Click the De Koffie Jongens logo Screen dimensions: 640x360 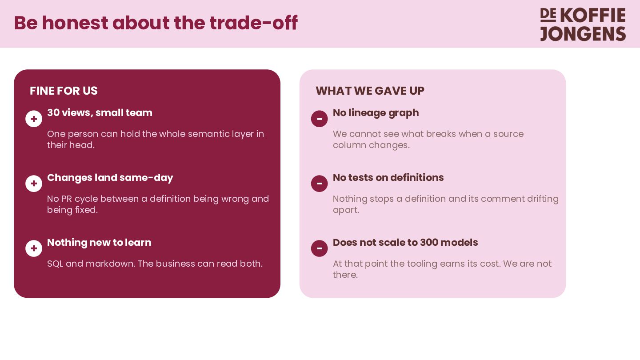coord(583,24)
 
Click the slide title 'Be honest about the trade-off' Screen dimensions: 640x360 coord(156,23)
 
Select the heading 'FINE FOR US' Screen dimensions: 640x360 coord(64,91)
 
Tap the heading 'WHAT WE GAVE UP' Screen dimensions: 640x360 coord(370,91)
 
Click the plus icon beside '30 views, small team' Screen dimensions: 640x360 coord(34,119)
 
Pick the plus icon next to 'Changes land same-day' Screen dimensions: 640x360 coord(34,184)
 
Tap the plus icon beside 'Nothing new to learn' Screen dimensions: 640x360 coord(34,248)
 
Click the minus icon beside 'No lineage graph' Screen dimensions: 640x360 coord(320,119)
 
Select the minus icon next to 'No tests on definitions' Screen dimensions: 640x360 coord(320,184)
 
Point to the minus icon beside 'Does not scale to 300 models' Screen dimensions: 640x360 coord(320,248)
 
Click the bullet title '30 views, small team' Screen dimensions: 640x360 coord(100,113)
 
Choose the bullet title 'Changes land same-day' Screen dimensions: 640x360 coord(110,178)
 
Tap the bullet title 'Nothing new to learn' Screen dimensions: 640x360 coord(99,243)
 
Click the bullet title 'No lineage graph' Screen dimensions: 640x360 coord(376,113)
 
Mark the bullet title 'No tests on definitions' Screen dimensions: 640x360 coord(388,177)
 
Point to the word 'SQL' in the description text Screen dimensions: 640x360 coord(55,264)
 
